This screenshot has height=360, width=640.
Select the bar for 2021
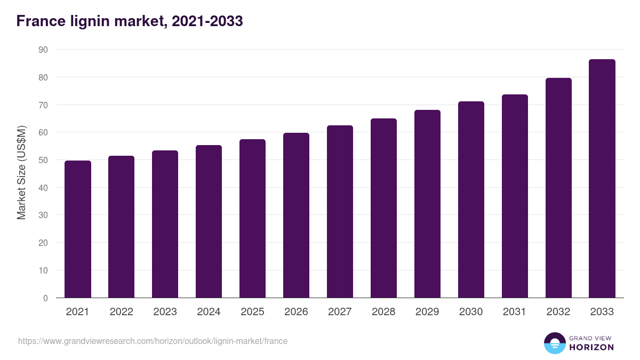(x=78, y=229)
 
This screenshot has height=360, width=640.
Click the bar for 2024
(x=209, y=221)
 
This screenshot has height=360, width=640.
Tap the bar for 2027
(x=340, y=212)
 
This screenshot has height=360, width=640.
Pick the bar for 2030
(x=471, y=199)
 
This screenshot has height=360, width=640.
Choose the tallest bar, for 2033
(x=602, y=179)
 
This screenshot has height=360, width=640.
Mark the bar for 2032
(x=558, y=188)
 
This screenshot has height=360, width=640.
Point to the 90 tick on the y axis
(x=43, y=50)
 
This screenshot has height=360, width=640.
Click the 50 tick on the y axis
(x=43, y=160)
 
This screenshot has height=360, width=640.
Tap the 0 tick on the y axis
(x=45, y=298)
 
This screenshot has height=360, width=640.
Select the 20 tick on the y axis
(x=43, y=243)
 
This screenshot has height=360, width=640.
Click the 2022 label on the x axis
(x=122, y=312)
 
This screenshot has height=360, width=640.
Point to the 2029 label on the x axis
(x=427, y=312)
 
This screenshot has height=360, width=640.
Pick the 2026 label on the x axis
(x=296, y=312)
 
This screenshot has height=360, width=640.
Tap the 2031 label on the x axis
(x=515, y=312)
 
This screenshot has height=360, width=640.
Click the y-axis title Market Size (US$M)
(x=22, y=173)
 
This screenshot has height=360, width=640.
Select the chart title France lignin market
(x=130, y=21)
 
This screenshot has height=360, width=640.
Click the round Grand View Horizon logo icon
(x=555, y=343)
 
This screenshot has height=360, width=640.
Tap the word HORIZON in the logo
(x=591, y=347)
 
